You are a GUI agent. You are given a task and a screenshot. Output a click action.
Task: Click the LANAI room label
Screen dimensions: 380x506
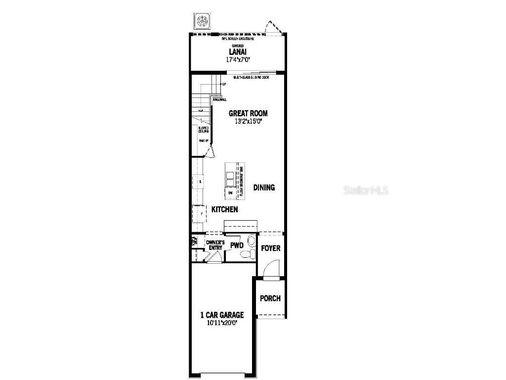point(238,51)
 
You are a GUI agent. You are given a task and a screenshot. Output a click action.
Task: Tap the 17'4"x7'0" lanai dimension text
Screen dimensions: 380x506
point(238,59)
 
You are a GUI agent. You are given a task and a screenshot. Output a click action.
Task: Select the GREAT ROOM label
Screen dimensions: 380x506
point(248,113)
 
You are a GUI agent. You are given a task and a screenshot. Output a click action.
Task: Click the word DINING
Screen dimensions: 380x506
point(264,188)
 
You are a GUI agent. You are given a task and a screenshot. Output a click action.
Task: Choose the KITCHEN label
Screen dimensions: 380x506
point(225,210)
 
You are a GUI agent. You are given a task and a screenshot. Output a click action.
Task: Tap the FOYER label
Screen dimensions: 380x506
point(271,248)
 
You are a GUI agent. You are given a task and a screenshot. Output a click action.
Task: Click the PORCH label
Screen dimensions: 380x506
point(270,298)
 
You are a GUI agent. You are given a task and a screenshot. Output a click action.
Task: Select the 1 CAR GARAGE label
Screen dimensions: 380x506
point(222,315)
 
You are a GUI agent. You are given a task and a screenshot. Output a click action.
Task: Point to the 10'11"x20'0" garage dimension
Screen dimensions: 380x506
point(222,323)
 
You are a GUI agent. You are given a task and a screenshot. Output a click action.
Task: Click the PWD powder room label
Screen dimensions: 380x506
point(237,245)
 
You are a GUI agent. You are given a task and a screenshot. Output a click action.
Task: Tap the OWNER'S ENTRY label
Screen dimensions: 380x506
point(215,245)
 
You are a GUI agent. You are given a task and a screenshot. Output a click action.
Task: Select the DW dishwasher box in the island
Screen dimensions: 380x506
point(230,192)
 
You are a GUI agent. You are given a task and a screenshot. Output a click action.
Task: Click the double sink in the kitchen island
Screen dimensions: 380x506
point(231,177)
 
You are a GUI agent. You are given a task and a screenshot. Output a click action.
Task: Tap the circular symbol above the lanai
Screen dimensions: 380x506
point(201,21)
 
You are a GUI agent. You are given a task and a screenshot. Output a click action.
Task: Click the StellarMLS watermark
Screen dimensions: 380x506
point(366,190)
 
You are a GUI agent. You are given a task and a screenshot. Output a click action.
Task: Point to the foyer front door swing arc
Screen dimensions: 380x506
point(270,270)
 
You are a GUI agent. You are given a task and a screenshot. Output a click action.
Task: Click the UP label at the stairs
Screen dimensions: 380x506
point(223,84)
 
